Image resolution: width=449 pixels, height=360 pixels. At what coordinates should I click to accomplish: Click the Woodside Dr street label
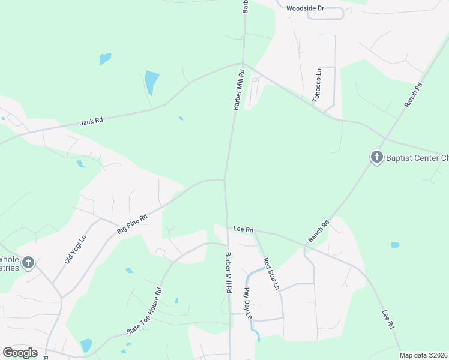pyautogui.click(x=305, y=8)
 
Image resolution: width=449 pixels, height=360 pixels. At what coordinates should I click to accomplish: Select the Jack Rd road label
pyautogui.click(x=91, y=121)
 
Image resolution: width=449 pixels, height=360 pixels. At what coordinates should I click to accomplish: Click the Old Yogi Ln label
pyautogui.click(x=76, y=250)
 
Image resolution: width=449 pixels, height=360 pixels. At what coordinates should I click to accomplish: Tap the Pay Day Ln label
pyautogui.click(x=247, y=303)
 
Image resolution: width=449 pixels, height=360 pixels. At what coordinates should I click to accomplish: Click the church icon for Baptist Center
pyautogui.click(x=376, y=157)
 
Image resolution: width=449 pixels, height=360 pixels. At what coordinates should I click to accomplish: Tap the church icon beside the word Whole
pyautogui.click(x=28, y=262)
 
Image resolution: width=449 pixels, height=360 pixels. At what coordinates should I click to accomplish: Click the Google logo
pyautogui.click(x=20, y=352)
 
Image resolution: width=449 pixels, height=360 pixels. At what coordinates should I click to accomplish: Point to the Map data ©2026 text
pyautogui.click(x=424, y=355)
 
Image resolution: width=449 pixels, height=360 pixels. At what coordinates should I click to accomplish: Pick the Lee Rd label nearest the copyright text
pyautogui.click(x=387, y=319)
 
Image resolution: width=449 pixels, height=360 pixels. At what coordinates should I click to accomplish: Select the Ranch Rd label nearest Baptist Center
pyautogui.click(x=414, y=95)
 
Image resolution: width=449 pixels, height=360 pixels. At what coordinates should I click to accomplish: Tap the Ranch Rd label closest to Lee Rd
pyautogui.click(x=319, y=232)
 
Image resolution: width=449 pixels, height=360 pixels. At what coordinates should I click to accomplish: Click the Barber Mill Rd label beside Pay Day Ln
pyautogui.click(x=229, y=272)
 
